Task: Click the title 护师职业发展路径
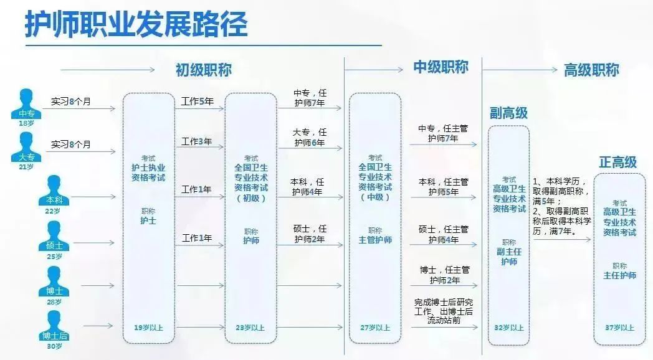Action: [x=136, y=24]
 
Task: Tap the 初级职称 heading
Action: [x=203, y=70]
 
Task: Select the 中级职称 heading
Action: [x=441, y=67]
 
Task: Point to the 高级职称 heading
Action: [x=591, y=70]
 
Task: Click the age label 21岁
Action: [x=26, y=167]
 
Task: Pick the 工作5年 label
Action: [x=198, y=102]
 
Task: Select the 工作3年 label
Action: [x=196, y=142]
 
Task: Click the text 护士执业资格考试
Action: [x=148, y=173]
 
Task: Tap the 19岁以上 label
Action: [x=148, y=328]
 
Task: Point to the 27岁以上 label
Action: [x=375, y=328]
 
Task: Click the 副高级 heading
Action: [x=508, y=113]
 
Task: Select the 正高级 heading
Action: [x=618, y=163]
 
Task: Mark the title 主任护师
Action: [x=620, y=275]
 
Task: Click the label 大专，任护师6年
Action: [x=310, y=138]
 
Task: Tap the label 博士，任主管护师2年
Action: [x=444, y=275]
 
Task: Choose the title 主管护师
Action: [x=375, y=240]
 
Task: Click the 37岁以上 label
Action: [x=620, y=328]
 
